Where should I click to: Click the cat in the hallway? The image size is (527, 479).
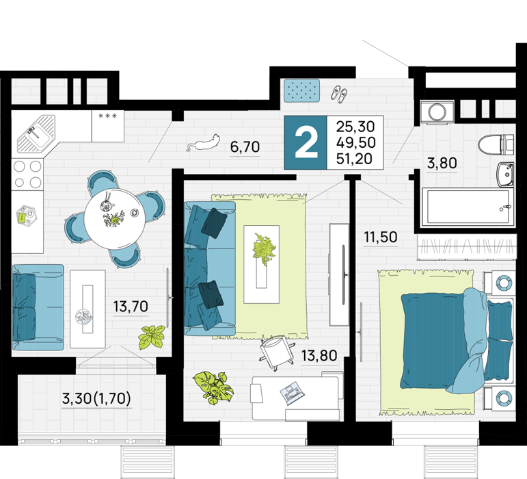coord(204,143)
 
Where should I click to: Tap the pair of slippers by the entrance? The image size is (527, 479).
coord(339,94)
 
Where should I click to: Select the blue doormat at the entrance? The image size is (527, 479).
coord(302,90)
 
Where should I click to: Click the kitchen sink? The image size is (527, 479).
coord(36,134)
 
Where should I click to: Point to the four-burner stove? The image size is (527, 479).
coord(27,174)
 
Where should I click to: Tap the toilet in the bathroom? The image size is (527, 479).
coord(496,144)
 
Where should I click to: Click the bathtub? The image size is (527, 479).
coord(468,207)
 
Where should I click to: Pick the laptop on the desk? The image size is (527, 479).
coord(293,393)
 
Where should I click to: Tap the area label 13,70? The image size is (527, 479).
coord(131,307)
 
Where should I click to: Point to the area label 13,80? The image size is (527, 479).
coord(319,356)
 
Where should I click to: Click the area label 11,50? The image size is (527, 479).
coord(381,237)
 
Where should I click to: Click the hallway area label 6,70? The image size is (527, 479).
coord(245,147)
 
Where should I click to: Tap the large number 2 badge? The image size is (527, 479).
coord(306,142)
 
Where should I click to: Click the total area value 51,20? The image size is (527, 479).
coord(355,159)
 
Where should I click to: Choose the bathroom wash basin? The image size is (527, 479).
coord(505,174)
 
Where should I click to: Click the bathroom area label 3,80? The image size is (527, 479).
coord(442,164)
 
